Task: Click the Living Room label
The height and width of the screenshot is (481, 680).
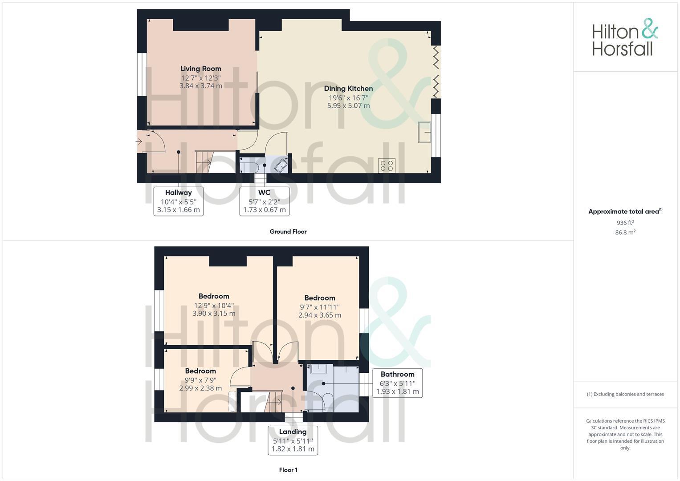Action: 200,69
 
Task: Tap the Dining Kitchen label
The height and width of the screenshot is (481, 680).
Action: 348,89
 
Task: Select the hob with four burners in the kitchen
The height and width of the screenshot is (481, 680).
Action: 387,166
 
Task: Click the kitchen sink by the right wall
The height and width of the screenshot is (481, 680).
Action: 424,132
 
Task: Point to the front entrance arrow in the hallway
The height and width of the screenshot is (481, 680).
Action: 139,142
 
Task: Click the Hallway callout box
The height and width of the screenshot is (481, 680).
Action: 178,201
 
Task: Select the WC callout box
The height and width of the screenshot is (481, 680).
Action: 265,201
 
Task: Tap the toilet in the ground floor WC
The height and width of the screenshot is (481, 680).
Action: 248,167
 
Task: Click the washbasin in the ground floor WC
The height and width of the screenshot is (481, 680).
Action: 281,166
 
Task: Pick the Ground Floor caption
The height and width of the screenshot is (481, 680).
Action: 288,232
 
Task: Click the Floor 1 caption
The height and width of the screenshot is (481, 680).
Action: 288,470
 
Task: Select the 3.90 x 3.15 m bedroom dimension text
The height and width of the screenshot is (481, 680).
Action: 214,314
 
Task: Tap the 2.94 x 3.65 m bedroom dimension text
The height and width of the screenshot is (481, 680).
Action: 320,315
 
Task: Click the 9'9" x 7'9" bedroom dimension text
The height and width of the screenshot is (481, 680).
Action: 200,380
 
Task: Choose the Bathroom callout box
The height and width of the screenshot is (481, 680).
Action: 397,383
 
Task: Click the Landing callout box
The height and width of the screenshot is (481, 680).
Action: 293,440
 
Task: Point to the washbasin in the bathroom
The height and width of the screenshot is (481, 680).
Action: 319,369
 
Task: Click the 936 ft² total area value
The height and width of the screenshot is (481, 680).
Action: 625,223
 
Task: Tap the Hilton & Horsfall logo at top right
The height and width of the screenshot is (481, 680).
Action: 625,37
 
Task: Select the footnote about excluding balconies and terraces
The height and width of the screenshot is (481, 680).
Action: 625,394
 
